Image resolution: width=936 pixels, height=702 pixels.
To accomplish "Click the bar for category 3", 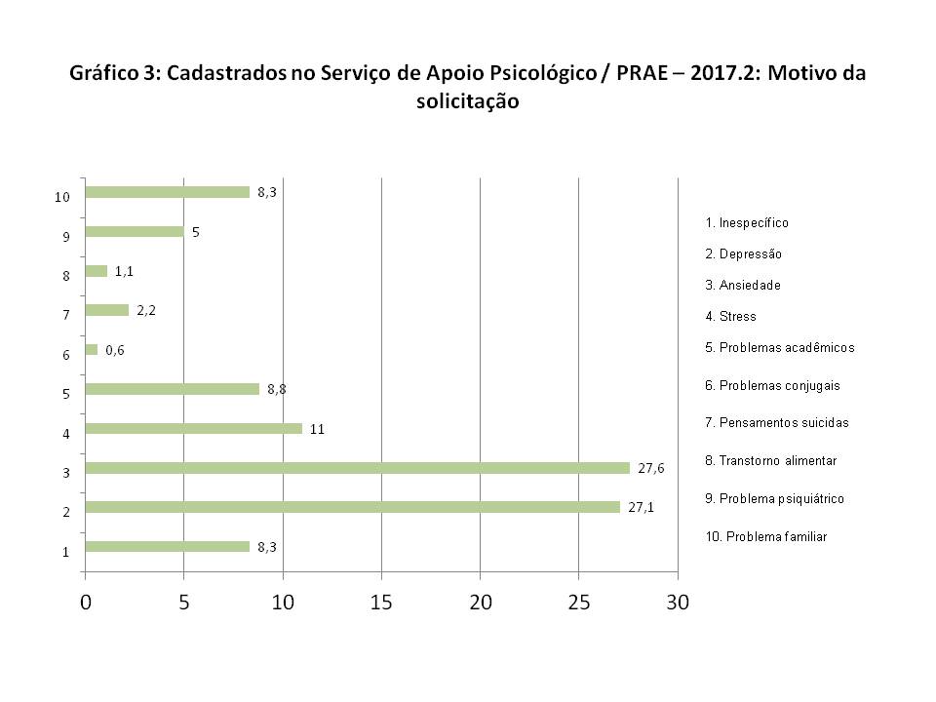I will click(x=357, y=468).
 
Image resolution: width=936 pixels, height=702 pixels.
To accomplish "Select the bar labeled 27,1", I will click(x=352, y=507).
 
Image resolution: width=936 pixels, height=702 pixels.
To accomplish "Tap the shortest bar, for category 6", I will click(x=92, y=349).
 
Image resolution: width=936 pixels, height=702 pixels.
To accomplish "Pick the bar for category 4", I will click(x=193, y=428).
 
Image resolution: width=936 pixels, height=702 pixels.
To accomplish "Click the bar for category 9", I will click(x=135, y=232).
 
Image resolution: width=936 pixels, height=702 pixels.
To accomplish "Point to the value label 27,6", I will click(x=650, y=468).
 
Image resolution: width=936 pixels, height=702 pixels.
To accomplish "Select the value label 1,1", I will click(x=124, y=271).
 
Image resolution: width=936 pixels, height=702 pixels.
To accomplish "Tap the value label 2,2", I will click(x=145, y=310).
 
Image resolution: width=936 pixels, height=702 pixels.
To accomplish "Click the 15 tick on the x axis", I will click(x=381, y=603).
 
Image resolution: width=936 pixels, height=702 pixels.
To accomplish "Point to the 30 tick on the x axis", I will click(x=677, y=603).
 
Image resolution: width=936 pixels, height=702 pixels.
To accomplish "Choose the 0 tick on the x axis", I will click(x=86, y=603).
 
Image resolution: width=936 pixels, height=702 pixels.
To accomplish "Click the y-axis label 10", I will click(x=62, y=197).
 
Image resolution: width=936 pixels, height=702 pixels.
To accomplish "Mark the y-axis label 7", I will click(x=65, y=316).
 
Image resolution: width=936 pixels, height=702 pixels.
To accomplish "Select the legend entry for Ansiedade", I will click(x=742, y=286).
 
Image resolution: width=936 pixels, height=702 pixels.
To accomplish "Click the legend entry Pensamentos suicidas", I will click(x=776, y=423).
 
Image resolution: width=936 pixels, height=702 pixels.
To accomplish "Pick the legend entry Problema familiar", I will click(x=765, y=537).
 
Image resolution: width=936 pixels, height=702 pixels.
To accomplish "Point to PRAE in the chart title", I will click(x=644, y=75).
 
